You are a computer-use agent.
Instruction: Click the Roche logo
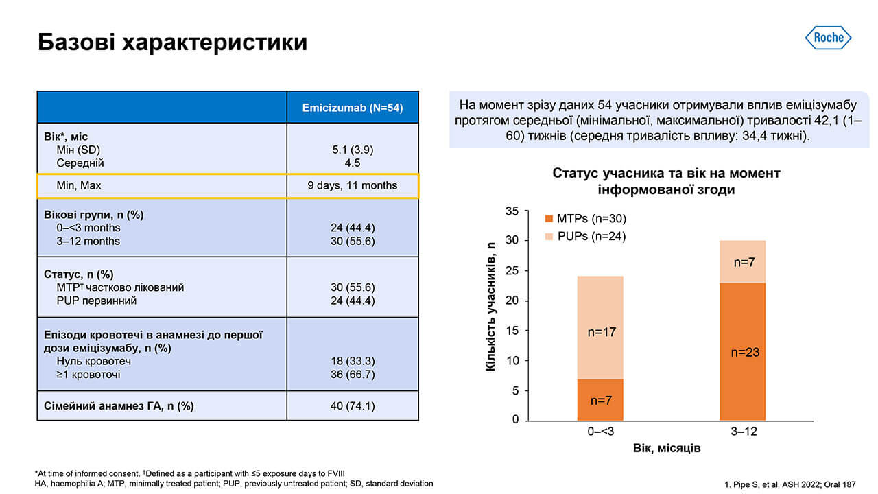click(828, 38)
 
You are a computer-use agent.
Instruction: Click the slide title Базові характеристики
click(172, 43)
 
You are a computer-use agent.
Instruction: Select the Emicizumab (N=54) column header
click(353, 108)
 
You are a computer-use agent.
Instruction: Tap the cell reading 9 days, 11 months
click(353, 185)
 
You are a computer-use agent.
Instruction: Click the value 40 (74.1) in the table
click(353, 406)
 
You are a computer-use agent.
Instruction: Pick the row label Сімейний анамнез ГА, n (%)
click(119, 406)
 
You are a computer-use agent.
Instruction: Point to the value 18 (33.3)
click(353, 361)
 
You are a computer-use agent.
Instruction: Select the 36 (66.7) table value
click(353, 375)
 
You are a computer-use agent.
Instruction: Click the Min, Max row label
click(80, 185)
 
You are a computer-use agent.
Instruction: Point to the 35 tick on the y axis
click(512, 211)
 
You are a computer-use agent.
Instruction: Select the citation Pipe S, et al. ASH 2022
click(790, 484)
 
